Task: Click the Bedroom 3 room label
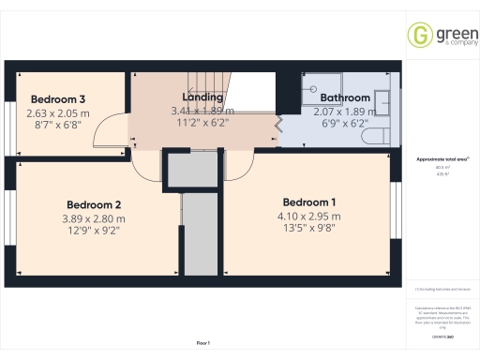point(58,99)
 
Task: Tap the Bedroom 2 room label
point(94,204)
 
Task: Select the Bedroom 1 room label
point(309,202)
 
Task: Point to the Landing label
point(202,97)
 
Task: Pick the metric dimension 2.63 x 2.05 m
point(58,112)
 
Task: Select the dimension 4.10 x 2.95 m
point(309,217)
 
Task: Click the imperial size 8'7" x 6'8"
point(58,125)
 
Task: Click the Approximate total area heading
point(441,160)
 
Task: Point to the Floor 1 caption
point(203,345)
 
